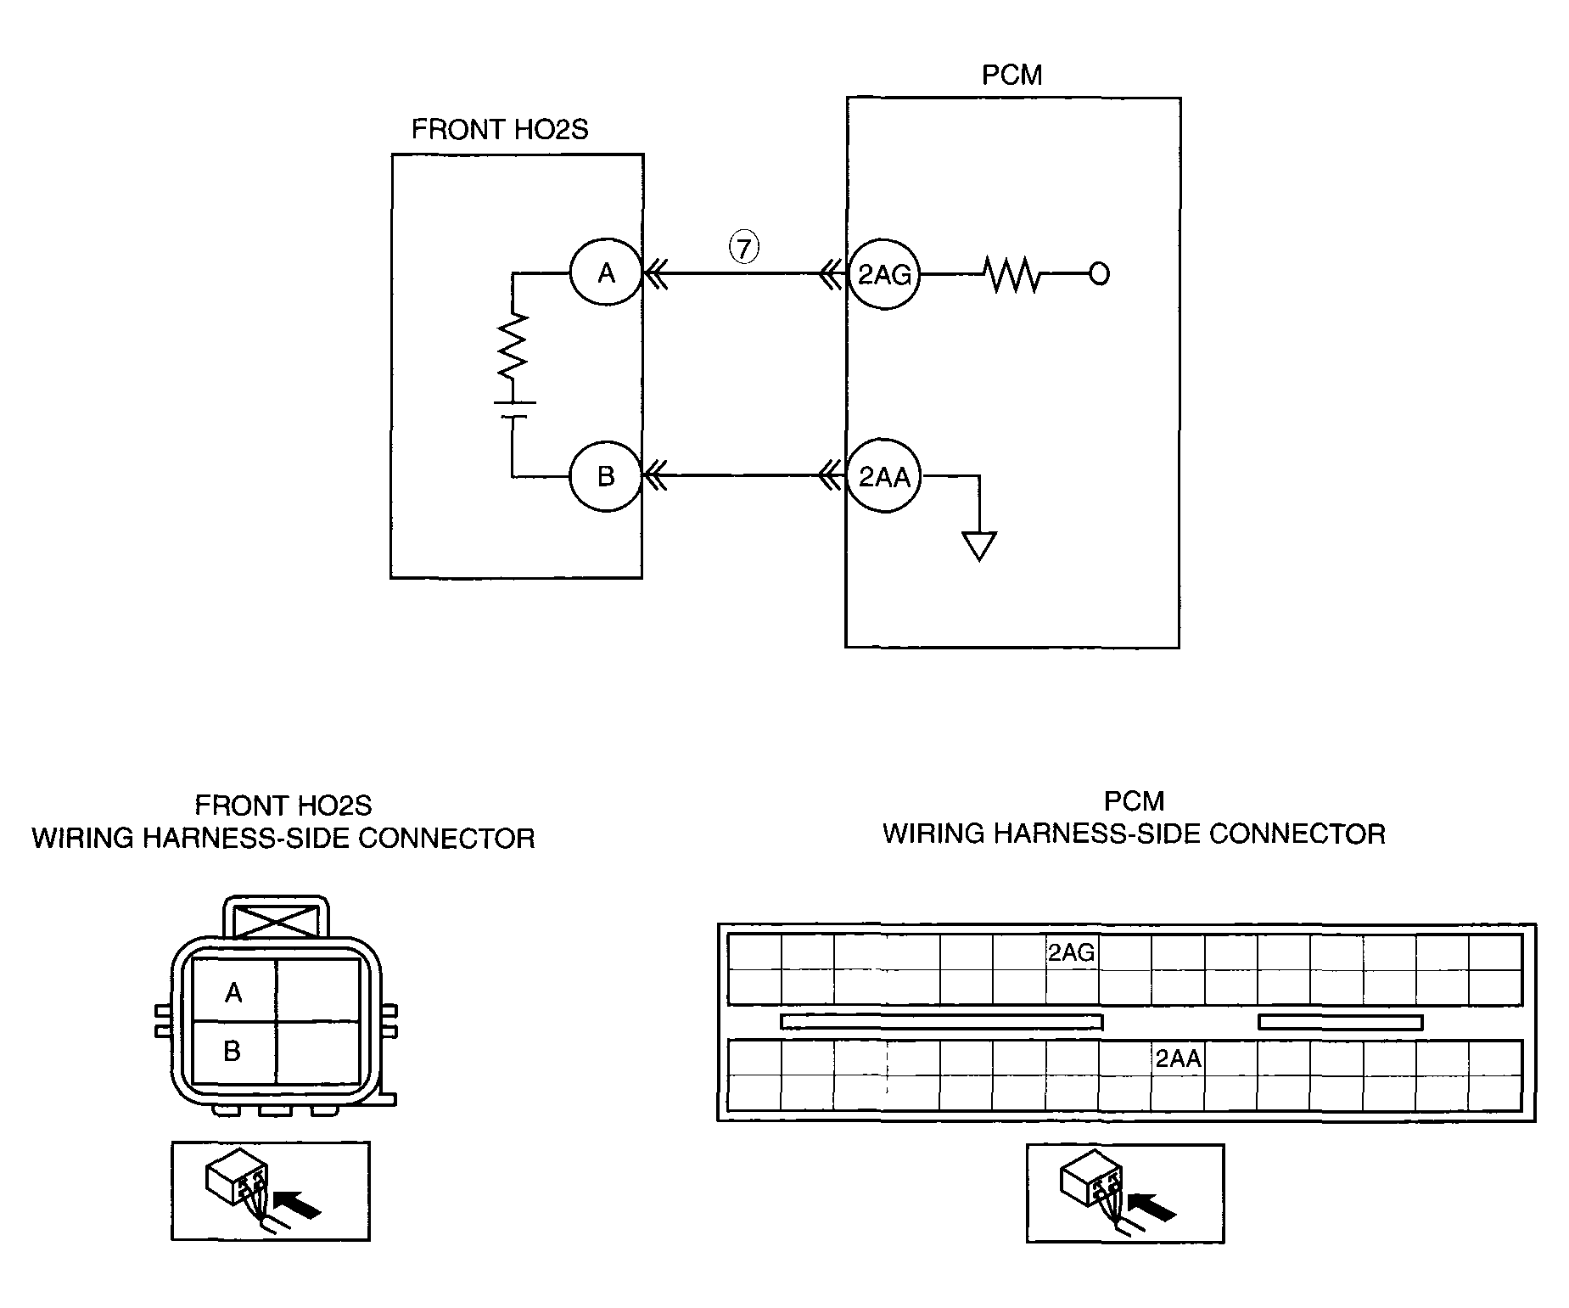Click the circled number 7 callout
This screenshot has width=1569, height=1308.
(x=744, y=248)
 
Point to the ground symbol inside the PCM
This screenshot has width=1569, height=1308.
(x=979, y=546)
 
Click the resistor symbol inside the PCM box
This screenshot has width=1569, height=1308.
(x=1014, y=274)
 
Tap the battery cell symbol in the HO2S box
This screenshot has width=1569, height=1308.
(x=513, y=409)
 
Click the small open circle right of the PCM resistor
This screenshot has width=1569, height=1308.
(x=1099, y=274)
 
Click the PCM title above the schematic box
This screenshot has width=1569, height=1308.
(x=1011, y=75)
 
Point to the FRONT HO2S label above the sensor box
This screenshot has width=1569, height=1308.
(x=499, y=129)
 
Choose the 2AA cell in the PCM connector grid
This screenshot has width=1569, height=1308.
(x=1178, y=1058)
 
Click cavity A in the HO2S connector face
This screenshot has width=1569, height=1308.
(x=233, y=991)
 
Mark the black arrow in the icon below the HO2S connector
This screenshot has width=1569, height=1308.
(x=300, y=1203)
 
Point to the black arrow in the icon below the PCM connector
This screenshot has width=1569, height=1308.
(x=1154, y=1205)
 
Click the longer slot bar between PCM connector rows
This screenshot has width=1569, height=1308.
(x=941, y=1022)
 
